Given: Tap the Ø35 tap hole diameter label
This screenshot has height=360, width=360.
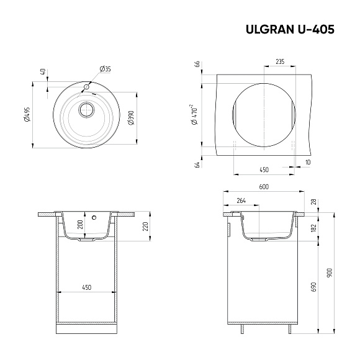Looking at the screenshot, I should [105, 68].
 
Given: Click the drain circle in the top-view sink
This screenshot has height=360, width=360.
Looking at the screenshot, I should [86, 110].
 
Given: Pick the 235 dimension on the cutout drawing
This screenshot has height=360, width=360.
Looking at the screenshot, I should [279, 61].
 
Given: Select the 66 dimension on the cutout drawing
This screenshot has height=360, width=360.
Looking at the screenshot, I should [197, 65].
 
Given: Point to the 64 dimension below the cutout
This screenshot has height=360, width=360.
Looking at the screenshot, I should [197, 164].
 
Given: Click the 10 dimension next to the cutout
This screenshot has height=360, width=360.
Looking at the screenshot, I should [308, 162].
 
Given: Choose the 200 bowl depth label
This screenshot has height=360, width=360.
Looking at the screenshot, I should [80, 225].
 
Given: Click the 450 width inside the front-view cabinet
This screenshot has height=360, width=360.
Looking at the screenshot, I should [86, 287].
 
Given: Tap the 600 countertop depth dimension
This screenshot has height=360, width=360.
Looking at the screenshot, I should [263, 186].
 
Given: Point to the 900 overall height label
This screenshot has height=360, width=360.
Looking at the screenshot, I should [330, 272].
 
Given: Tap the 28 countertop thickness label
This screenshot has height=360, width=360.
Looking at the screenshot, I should [313, 202].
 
